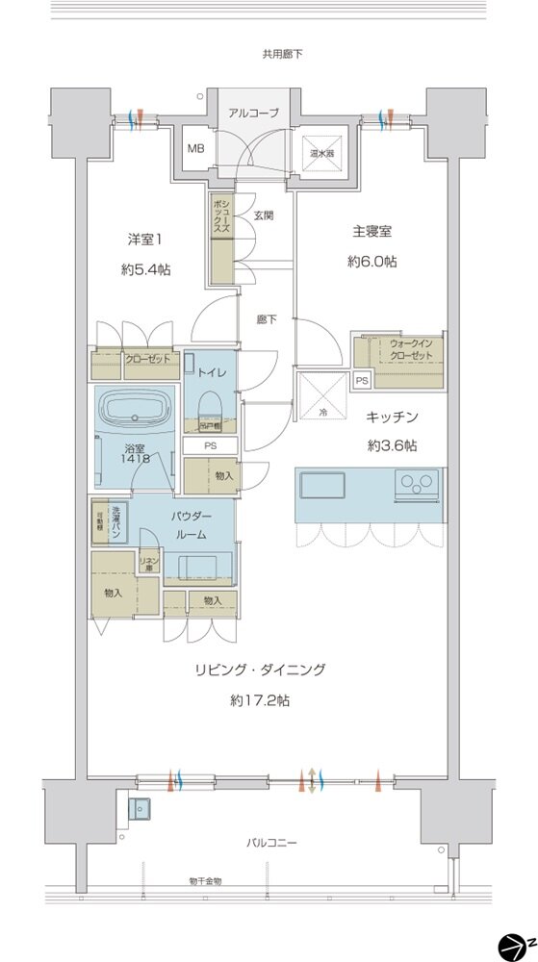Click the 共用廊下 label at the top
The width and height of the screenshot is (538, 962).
[x=282, y=55]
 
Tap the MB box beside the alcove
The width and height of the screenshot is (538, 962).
[x=195, y=149]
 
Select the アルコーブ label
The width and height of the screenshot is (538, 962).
[x=253, y=113]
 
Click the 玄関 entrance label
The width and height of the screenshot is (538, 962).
[x=264, y=215]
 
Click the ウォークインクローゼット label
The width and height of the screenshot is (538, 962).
[x=411, y=348]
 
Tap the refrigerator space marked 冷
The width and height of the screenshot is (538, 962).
[x=321, y=396]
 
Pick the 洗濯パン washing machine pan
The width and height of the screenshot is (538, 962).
[x=115, y=524]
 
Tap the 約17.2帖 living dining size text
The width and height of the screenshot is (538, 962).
[x=259, y=701]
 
